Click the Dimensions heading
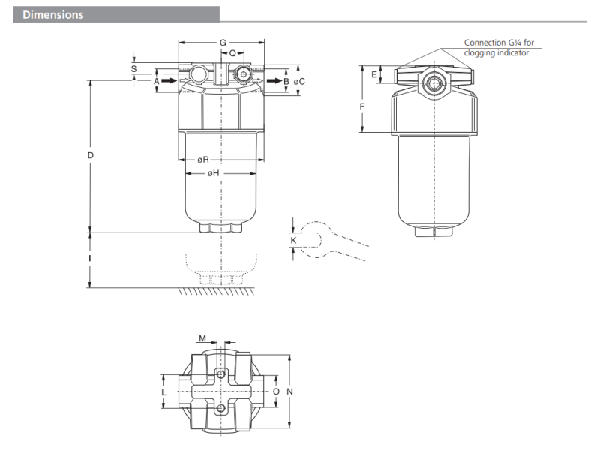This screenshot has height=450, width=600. [x=52, y=14]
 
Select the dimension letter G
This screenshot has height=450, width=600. [x=223, y=43]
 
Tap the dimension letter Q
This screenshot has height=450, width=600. [x=232, y=54]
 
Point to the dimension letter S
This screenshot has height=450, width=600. [x=133, y=68]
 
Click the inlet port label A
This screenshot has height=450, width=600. [x=157, y=79]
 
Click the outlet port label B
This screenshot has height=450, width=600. [x=286, y=79]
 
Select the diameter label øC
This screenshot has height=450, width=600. [x=299, y=80]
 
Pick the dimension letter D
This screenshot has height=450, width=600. [x=89, y=155]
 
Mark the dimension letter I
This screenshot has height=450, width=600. [x=89, y=259]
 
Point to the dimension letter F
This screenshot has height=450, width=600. [x=362, y=106]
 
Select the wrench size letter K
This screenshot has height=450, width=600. [x=293, y=240]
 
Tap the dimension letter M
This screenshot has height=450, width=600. [x=202, y=338]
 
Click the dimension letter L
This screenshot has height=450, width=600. [x=163, y=391]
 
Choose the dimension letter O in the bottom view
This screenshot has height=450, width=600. [x=276, y=391]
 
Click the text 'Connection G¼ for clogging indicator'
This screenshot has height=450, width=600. [x=499, y=47]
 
